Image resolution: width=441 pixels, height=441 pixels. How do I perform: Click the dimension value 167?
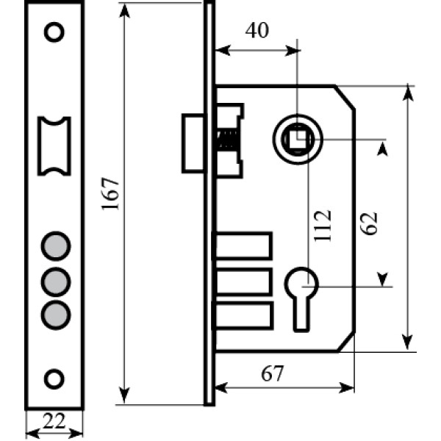tap(110, 194)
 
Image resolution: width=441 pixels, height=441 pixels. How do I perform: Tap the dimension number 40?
tap(257, 30)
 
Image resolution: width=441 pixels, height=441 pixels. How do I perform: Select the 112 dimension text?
tap(323, 226)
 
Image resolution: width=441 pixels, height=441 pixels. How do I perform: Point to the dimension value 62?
tap(369, 223)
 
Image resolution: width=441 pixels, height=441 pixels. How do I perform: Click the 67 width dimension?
tap(272, 373)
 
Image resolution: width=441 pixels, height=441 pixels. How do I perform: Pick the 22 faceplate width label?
tap(54, 420)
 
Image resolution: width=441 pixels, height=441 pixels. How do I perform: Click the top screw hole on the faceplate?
tap(54, 32)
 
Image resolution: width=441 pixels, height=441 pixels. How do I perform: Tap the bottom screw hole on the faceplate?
tap(54, 379)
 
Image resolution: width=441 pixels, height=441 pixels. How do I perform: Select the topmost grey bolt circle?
tap(56, 246)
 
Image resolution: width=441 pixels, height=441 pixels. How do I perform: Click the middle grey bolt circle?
tap(56, 282)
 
